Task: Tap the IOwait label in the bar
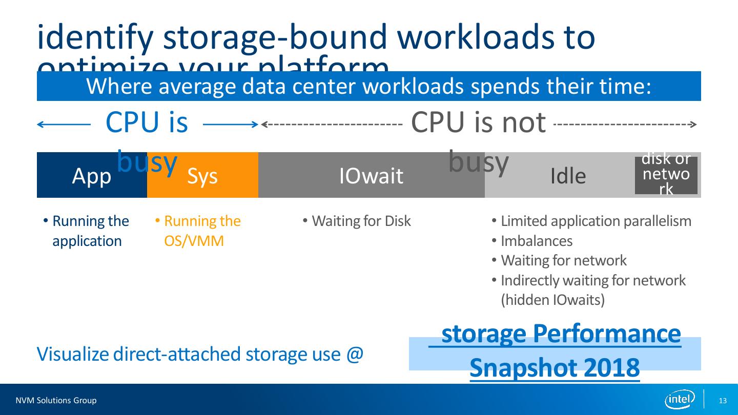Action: (371, 176)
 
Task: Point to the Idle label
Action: (568, 176)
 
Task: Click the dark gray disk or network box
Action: (666, 175)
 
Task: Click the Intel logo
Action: (680, 400)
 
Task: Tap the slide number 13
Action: (723, 401)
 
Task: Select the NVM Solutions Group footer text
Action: (56, 401)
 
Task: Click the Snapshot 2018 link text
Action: (555, 367)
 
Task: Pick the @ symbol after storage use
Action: (355, 354)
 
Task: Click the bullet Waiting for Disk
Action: (361, 221)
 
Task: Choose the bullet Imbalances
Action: (536, 241)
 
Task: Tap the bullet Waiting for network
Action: (563, 261)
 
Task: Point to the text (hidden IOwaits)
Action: (552, 300)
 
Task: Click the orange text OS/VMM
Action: (194, 241)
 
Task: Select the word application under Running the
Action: (87, 241)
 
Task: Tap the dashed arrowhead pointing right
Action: (692, 125)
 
